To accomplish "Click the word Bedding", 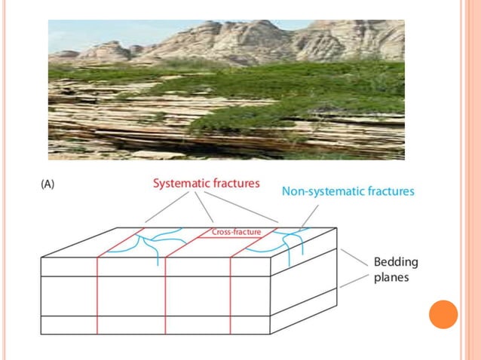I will coord(396,263).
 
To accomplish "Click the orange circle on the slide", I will coord(443,314).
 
